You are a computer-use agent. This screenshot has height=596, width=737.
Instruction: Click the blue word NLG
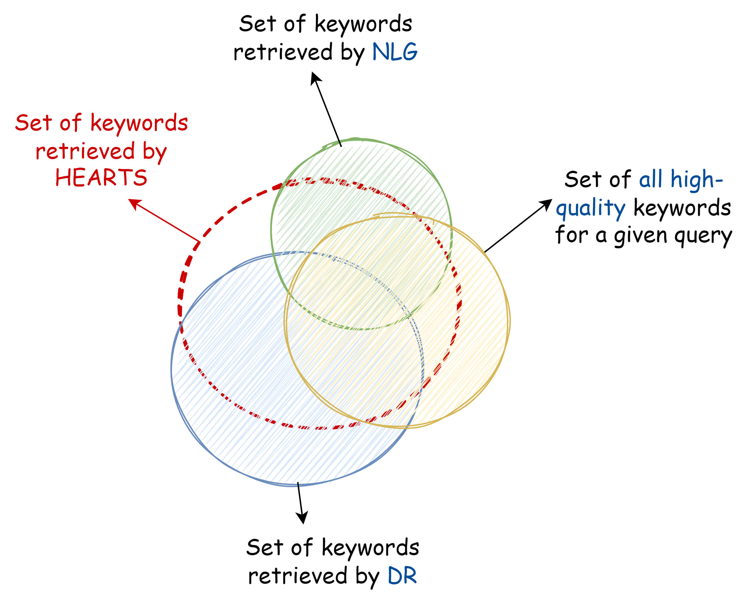[x=395, y=52]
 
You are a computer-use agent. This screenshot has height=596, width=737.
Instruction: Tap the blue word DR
[x=402, y=576]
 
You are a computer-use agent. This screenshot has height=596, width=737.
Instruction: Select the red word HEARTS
[x=101, y=178]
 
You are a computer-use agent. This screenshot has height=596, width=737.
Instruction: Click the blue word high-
[x=697, y=179]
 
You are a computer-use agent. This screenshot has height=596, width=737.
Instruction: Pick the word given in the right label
[x=640, y=236]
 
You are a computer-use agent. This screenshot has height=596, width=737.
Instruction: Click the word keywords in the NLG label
[x=363, y=24]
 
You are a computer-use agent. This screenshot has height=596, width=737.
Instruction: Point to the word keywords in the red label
[x=139, y=123]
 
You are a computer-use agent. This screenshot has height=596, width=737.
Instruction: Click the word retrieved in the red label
[x=85, y=151]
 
